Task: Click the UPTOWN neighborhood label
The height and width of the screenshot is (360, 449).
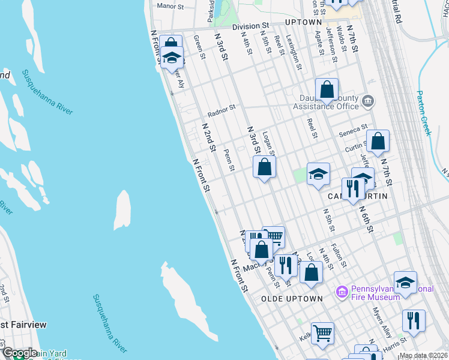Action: [x=303, y=22]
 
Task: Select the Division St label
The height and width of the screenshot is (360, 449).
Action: [x=251, y=26]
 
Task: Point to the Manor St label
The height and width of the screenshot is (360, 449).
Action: [x=170, y=6]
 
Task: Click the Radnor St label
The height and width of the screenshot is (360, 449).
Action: [x=221, y=113]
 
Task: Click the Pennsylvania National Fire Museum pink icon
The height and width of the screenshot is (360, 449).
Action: [x=342, y=292]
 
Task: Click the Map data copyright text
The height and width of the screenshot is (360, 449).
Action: [x=423, y=355]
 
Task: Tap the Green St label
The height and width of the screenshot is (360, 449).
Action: [x=199, y=47]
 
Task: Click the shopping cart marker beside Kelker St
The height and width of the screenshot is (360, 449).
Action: [x=323, y=334]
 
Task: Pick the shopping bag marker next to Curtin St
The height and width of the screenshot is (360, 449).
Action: [x=378, y=142]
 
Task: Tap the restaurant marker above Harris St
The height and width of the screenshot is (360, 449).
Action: [x=414, y=321]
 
